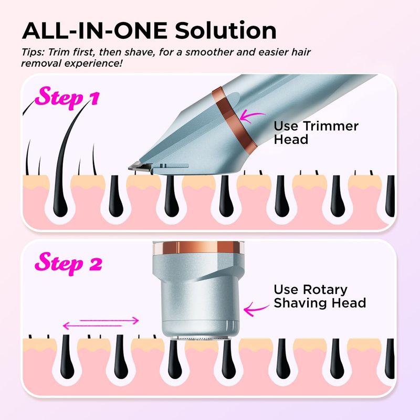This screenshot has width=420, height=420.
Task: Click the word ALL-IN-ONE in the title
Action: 95,30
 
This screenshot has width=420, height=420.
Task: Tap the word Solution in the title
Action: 226,30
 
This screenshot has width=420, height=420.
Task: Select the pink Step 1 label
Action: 67,97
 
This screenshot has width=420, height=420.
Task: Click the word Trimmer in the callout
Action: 331,126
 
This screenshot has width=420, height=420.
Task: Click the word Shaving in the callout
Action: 301,303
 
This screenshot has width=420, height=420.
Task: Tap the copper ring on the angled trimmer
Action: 234,121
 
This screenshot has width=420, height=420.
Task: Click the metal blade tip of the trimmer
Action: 140,167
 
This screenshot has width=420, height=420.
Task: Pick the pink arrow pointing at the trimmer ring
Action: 251,116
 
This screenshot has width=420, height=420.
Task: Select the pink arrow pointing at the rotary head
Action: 256,309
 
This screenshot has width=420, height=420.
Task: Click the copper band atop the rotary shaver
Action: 196,247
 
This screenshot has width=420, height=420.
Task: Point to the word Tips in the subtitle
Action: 33,52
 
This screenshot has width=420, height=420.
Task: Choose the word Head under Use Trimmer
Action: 291,140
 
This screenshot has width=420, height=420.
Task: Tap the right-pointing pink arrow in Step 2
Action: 109,320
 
